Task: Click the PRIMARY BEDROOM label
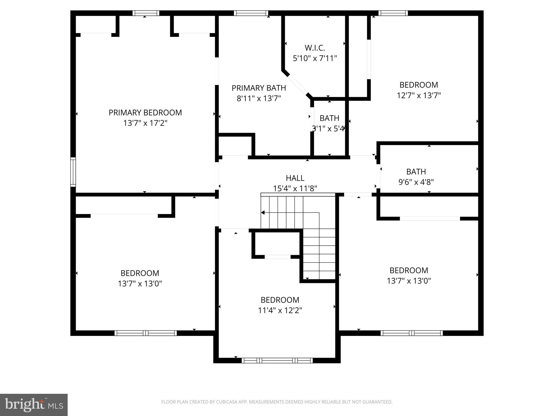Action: tap(145, 113)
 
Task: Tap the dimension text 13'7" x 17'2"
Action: tap(145, 123)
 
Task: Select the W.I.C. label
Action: tap(315, 48)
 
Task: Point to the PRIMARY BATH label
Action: tap(259, 88)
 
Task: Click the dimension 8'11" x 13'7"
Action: tap(259, 98)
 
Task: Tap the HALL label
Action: tap(295, 178)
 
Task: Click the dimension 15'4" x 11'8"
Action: tap(295, 188)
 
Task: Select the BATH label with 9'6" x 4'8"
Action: tap(416, 172)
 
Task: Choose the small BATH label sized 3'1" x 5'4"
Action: tap(329, 118)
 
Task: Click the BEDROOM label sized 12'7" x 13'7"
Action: tap(418, 85)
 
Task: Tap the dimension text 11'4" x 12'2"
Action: tap(280, 310)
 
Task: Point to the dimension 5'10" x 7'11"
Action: tap(315, 58)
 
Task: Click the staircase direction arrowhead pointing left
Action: tap(262, 213)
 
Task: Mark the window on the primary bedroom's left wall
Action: tap(73, 172)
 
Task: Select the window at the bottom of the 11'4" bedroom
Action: tap(277, 360)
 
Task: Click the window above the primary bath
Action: tap(251, 13)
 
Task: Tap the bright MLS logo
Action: tap(34, 405)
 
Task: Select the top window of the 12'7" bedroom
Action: tap(393, 13)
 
